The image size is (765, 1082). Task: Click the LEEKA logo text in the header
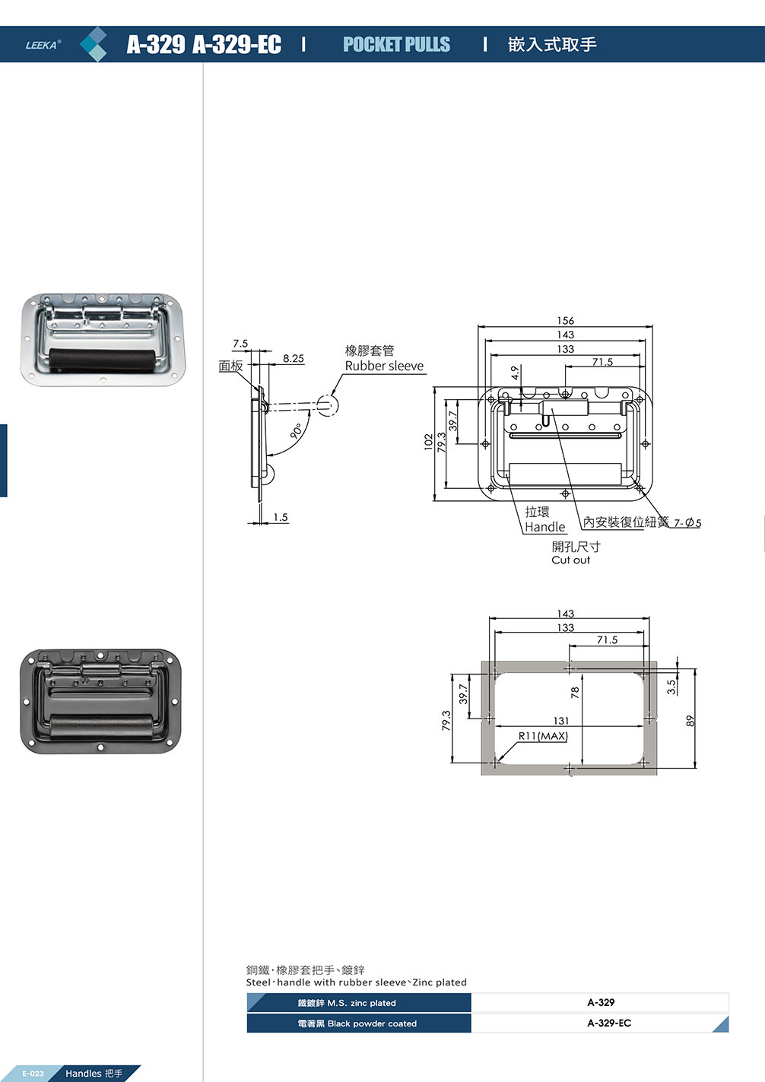[x=43, y=45]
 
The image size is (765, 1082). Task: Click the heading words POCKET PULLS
[x=396, y=45]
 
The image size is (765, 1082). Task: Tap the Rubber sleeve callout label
[x=384, y=366]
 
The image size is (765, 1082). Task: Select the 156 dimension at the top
[x=565, y=321]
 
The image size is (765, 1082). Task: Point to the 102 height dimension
[x=429, y=443]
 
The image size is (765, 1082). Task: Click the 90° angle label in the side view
[x=297, y=430]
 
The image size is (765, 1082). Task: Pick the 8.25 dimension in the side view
[x=293, y=358]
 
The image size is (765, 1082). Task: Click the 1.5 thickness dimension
[x=281, y=517]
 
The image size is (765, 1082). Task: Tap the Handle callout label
[x=545, y=527]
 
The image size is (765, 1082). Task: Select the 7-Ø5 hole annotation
[x=687, y=523]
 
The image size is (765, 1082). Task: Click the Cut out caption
[x=570, y=560]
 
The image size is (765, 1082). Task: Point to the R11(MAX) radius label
[x=543, y=736]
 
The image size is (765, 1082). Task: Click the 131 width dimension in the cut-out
[x=561, y=721]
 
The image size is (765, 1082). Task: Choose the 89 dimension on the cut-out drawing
[x=690, y=721]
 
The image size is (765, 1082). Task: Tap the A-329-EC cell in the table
[x=608, y=1023]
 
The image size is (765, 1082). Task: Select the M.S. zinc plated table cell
[x=359, y=1003]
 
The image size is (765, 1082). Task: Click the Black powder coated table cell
[x=359, y=1023]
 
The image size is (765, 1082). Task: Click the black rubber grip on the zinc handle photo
[x=103, y=358]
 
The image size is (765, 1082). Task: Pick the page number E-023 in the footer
[x=33, y=1074]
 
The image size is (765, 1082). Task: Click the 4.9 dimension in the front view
[x=516, y=373]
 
